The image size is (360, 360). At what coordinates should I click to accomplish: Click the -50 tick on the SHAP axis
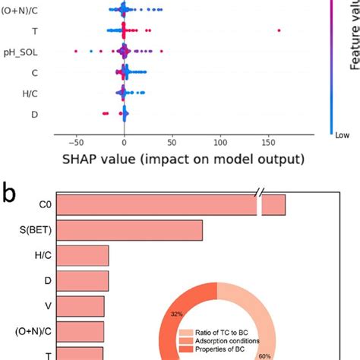click(75, 142)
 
